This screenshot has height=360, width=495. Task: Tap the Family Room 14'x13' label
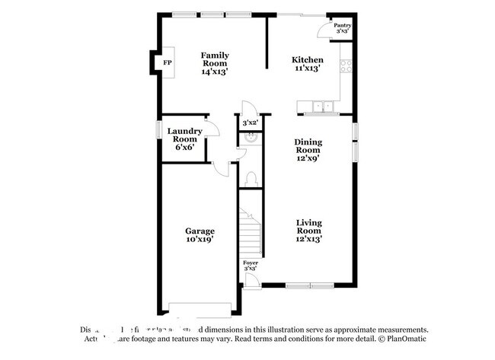click(x=216, y=63)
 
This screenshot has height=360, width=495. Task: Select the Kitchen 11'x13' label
click(x=308, y=64)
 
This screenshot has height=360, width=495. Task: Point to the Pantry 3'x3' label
click(x=342, y=27)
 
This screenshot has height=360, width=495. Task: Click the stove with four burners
click(x=346, y=66)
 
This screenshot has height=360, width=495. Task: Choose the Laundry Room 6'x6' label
click(x=185, y=139)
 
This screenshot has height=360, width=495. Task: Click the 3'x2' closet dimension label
click(x=250, y=123)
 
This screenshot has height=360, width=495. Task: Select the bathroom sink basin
click(x=246, y=139)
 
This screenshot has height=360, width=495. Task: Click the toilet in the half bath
click(x=251, y=178)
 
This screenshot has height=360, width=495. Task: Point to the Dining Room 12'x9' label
click(x=309, y=150)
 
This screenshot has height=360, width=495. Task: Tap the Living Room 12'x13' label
click(x=309, y=231)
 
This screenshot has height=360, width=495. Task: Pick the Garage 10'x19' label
click(x=200, y=235)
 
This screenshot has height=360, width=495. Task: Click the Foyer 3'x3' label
click(x=250, y=265)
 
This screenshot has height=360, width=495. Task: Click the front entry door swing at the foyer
click(x=251, y=280)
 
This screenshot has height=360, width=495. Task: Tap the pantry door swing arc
click(x=323, y=28)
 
